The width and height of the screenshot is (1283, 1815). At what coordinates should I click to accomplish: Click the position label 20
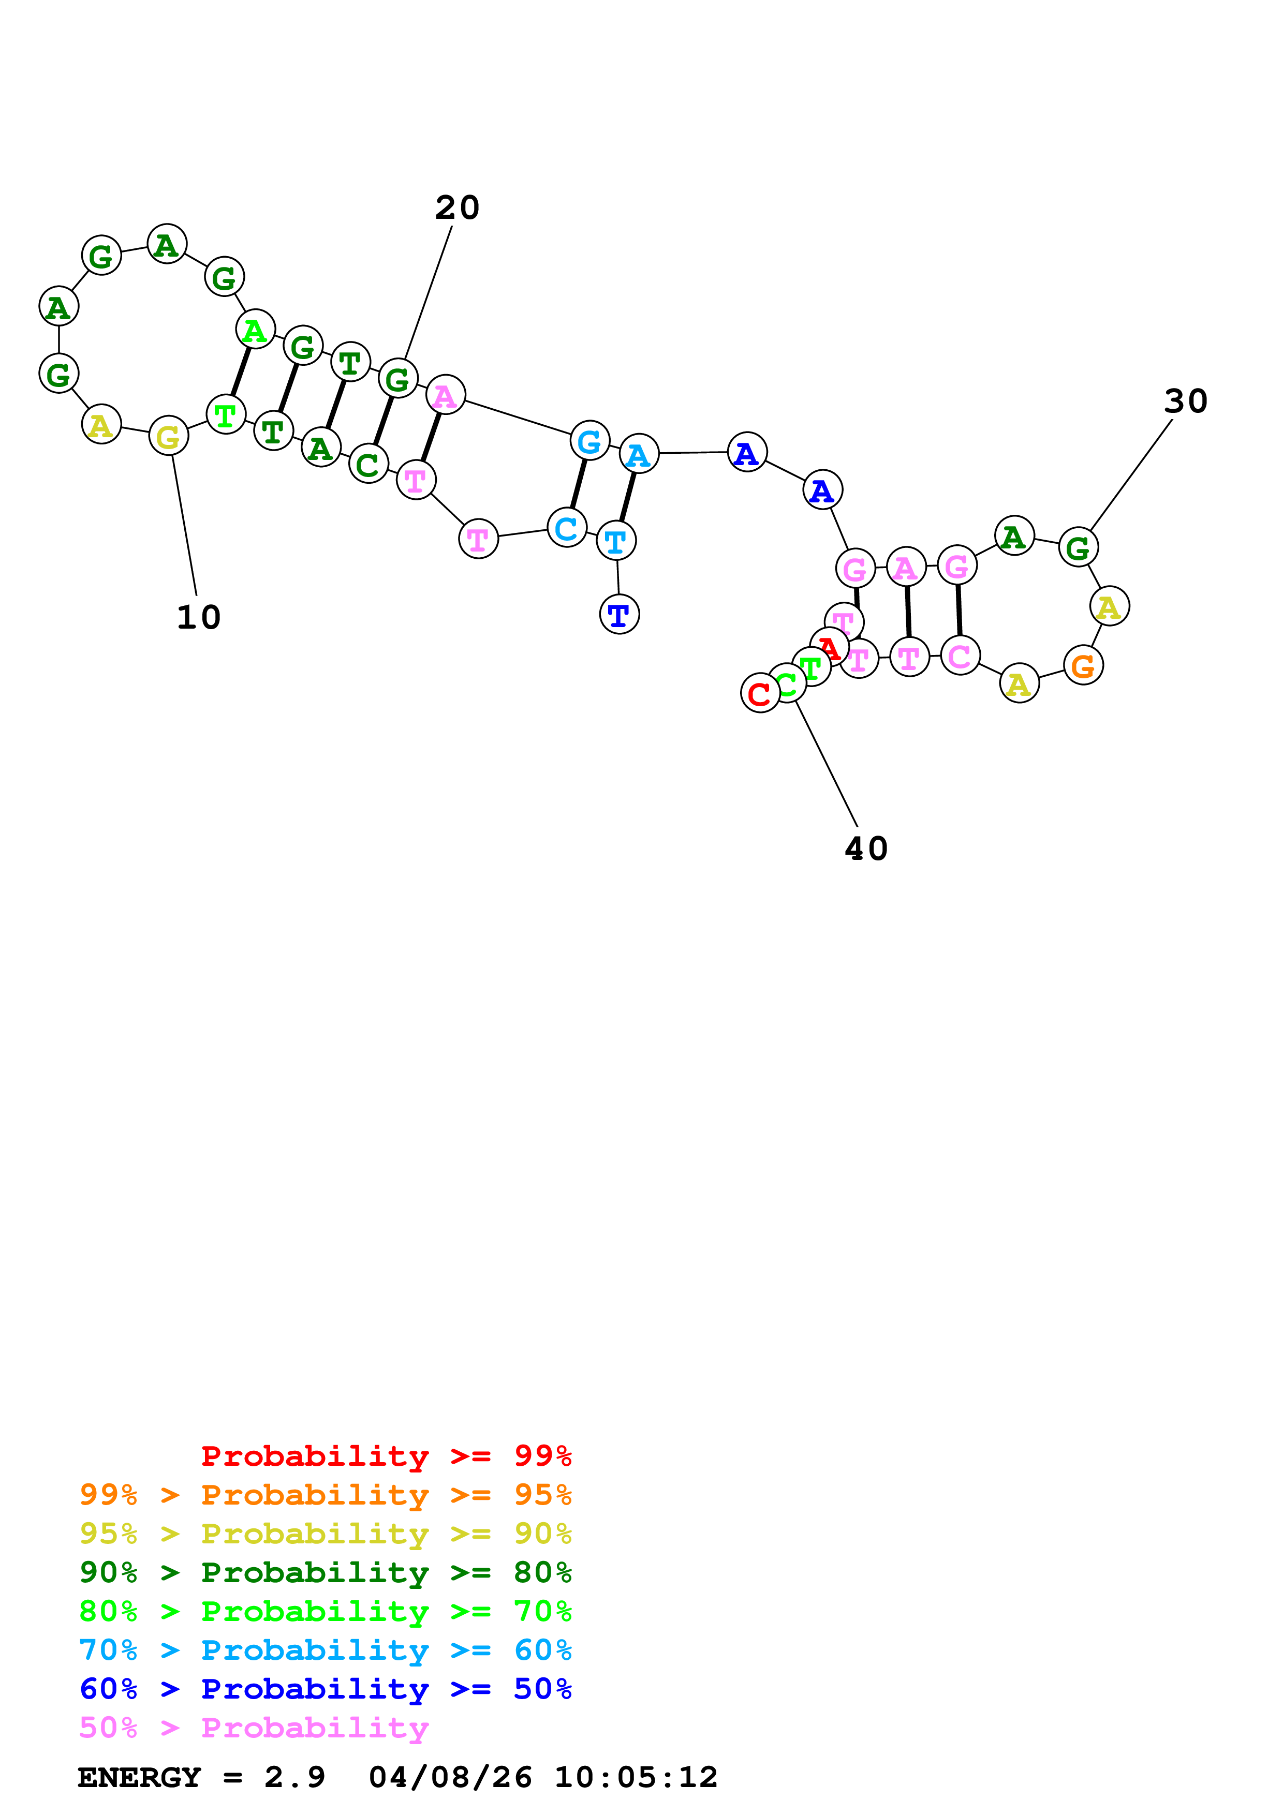point(457,208)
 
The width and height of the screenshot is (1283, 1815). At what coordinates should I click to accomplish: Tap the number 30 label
point(1185,401)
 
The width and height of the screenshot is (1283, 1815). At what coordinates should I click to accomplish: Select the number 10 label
point(198,617)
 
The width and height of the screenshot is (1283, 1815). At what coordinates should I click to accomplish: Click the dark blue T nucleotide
point(619,614)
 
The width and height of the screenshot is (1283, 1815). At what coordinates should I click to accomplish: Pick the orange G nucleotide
point(1083,665)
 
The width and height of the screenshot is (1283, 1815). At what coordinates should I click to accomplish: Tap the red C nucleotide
point(760,693)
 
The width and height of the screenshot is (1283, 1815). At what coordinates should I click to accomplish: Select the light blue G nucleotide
point(589,441)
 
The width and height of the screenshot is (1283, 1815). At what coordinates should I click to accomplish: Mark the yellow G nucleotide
point(168,436)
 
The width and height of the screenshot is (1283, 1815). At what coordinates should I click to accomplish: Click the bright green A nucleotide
point(255,330)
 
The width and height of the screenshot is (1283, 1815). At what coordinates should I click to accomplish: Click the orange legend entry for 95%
point(326,1495)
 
